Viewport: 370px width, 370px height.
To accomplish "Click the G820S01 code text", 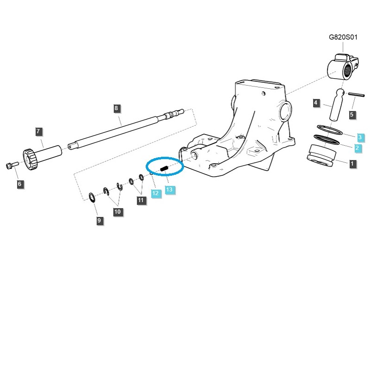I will pyautogui.click(x=343, y=37).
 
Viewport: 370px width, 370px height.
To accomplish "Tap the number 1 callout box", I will pyautogui.click(x=352, y=163).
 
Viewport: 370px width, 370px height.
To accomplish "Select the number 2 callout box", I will pyautogui.click(x=357, y=148).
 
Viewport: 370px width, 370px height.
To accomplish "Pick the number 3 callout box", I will pyautogui.click(x=360, y=137).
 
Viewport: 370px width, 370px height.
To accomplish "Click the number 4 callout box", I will pyautogui.click(x=316, y=103).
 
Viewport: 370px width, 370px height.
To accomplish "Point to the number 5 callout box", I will pyautogui.click(x=351, y=114).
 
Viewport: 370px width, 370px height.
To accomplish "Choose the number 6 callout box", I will pyautogui.click(x=19, y=184).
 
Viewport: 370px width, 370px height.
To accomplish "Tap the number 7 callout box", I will pyautogui.click(x=39, y=132).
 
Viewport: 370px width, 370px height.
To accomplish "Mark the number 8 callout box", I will pyautogui.click(x=116, y=108).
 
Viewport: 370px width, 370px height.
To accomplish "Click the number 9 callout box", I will pyautogui.click(x=99, y=221).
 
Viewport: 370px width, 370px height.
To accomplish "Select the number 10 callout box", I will pyautogui.click(x=117, y=211).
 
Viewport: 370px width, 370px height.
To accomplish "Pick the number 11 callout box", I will pyautogui.click(x=141, y=200).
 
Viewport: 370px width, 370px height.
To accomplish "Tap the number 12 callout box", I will pyautogui.click(x=156, y=193).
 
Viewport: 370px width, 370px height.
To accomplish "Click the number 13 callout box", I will pyautogui.click(x=169, y=190).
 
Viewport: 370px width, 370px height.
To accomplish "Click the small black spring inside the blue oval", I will pyautogui.click(x=164, y=168).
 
